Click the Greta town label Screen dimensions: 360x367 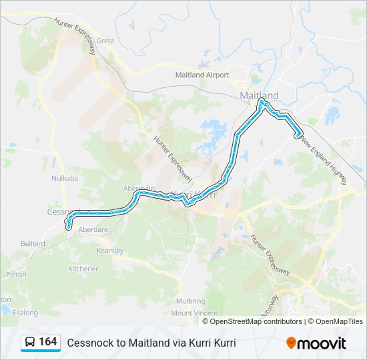pos(105,41)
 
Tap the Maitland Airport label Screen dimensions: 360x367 pos(202,75)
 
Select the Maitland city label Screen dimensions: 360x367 pos(258,95)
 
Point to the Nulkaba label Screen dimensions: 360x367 pos(65,179)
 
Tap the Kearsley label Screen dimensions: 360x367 pos(110,251)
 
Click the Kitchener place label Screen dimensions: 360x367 pos(83,269)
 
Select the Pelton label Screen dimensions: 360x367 pos(16,274)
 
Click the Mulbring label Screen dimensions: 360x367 pos(191,301)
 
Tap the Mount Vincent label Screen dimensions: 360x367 pos(194,313)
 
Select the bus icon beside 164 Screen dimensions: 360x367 pos(30,343)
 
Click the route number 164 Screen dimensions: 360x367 pos(47,342)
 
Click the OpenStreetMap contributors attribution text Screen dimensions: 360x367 pos(256,321)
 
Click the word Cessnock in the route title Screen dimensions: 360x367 pos(89,343)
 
